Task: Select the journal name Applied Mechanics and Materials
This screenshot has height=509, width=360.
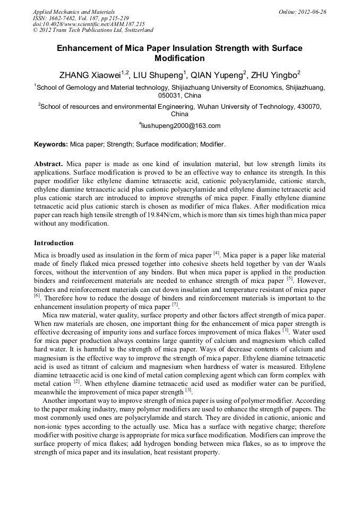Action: [x=74, y=11]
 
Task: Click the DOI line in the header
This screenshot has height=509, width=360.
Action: [x=89, y=24]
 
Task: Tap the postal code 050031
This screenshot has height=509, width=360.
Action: [x=170, y=96]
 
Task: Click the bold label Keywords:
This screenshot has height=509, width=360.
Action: [x=51, y=144]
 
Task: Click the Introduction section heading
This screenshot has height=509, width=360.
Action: [x=54, y=243]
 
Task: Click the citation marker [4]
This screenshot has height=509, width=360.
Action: [x=216, y=253]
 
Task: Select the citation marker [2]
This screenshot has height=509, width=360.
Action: [x=77, y=381]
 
